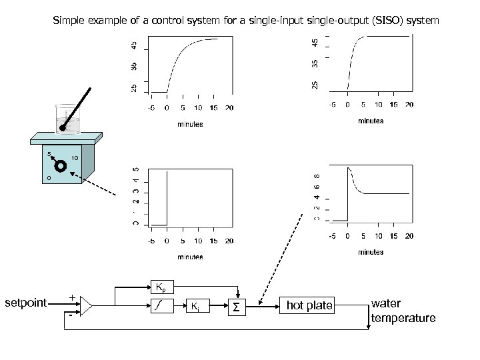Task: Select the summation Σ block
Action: tap(236, 307)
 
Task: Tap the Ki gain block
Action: tap(194, 307)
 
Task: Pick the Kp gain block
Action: tap(161, 287)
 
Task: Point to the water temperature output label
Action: tap(403, 311)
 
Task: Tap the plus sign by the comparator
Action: tap(71, 297)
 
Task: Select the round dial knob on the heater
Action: tap(61, 166)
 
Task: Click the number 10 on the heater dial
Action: tap(75, 158)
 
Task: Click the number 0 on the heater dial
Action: tap(49, 179)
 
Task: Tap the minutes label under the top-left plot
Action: tap(189, 124)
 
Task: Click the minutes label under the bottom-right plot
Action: tap(371, 252)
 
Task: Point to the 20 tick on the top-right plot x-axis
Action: tap(409, 105)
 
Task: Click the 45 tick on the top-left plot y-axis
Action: tap(135, 46)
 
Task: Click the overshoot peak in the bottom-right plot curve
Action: tap(349, 169)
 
